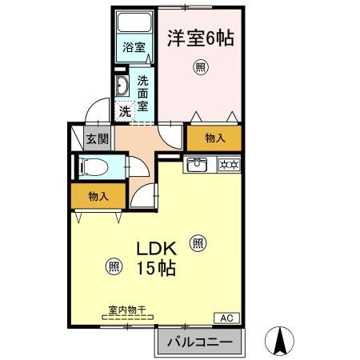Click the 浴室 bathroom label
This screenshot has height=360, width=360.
[x=134, y=47]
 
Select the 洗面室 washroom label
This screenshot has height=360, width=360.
[x=142, y=91]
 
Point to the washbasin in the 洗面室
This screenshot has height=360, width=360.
[x=122, y=86]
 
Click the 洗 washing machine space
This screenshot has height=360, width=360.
[x=125, y=111]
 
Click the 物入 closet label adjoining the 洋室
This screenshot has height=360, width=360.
[x=215, y=138]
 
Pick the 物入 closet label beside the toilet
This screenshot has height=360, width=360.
[x=98, y=196]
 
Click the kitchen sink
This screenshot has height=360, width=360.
[x=198, y=166]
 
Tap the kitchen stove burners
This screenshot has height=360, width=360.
[x=226, y=165]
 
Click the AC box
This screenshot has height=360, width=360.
[x=227, y=318]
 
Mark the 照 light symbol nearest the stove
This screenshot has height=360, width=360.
[x=198, y=241]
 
